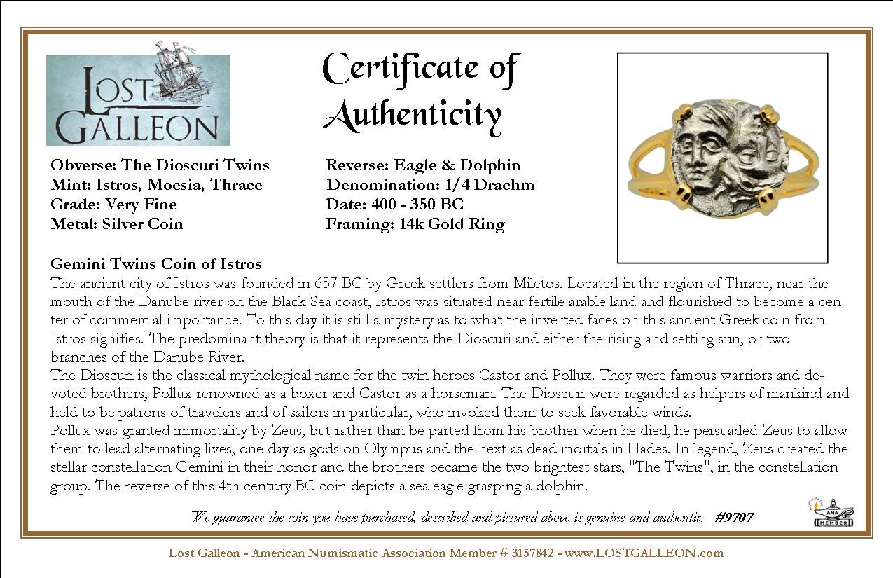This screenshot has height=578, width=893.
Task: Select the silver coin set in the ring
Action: coord(721,157)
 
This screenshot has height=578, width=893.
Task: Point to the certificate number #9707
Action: coord(735,518)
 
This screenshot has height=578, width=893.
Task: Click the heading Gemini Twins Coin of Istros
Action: coord(156,264)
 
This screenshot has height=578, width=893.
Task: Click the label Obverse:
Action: coord(83,165)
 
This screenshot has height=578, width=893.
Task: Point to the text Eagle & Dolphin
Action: coord(457,165)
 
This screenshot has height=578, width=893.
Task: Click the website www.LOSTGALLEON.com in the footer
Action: coord(644,553)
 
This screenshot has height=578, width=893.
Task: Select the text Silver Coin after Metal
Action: coord(143,224)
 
